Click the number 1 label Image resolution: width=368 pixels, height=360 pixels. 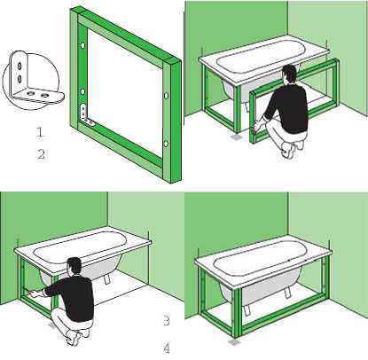click(40, 131)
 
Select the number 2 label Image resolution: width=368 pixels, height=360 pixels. click(41, 154)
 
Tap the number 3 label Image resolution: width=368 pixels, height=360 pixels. click(167, 321)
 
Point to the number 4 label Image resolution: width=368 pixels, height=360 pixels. click(167, 348)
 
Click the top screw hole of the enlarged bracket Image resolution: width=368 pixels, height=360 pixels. click(20, 66)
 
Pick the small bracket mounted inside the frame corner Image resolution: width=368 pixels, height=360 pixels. click(86, 114)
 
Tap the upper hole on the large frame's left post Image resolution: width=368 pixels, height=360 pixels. click(82, 45)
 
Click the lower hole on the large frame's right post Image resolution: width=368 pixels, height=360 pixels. click(166, 144)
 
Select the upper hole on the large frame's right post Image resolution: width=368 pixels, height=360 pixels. click(166, 96)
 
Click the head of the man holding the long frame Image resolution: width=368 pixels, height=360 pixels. click(289, 74)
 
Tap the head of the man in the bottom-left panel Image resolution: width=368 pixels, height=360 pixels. click(74, 267)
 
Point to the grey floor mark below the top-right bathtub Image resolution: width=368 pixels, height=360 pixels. click(236, 137)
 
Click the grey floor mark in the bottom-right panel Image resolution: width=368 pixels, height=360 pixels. click(235, 342)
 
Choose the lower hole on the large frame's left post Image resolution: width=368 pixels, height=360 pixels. click(83, 92)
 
